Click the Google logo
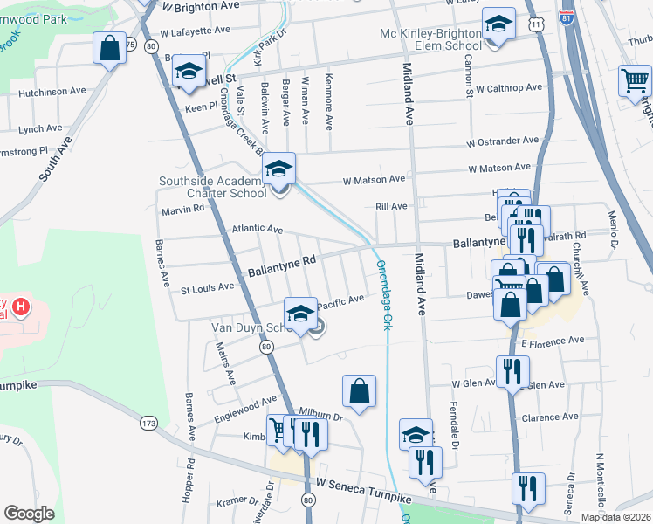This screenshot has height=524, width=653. click(29, 514)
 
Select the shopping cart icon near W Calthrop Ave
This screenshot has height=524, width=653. click(635, 81)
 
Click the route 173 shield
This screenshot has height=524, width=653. click(148, 424)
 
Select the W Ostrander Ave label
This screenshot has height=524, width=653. click(502, 141)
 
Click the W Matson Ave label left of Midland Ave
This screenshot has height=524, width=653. click(374, 179)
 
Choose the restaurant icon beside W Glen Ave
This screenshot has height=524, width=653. click(510, 371)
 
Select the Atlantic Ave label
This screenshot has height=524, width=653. click(257, 229)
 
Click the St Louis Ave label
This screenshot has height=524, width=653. click(207, 287)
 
